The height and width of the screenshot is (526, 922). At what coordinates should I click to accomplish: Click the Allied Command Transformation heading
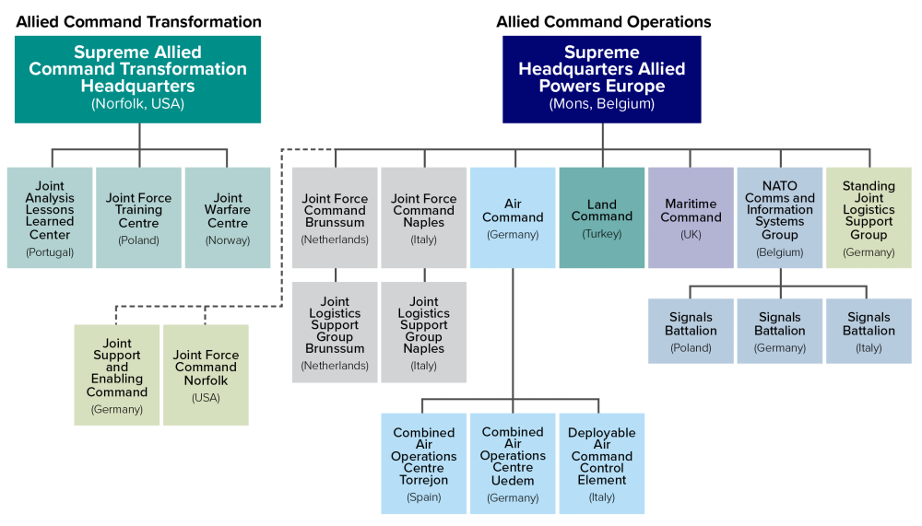[x=138, y=21]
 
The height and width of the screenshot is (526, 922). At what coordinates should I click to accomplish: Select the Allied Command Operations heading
[x=603, y=21]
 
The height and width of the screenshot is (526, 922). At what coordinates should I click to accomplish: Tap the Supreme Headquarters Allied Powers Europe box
[x=602, y=79]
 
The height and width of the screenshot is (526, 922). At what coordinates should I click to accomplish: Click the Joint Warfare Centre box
[x=228, y=217]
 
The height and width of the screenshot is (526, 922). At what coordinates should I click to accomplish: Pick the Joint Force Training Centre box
[x=138, y=217]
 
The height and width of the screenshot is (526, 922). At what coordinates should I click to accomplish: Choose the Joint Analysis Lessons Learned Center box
[x=50, y=217]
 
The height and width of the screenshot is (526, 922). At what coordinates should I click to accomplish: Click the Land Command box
[x=602, y=217]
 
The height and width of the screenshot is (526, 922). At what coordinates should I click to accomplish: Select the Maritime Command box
[x=691, y=217]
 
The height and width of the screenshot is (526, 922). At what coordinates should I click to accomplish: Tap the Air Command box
[x=513, y=217]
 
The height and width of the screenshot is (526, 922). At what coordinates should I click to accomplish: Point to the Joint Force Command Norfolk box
[x=206, y=374]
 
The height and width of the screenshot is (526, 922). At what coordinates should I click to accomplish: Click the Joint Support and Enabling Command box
[x=117, y=374]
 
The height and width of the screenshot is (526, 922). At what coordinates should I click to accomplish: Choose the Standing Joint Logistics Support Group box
[x=869, y=217]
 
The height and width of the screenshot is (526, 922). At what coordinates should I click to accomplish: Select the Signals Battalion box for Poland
[x=691, y=331]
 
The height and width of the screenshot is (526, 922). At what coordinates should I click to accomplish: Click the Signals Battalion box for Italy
[x=869, y=331]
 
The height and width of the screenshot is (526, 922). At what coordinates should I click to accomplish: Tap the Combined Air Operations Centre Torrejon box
[x=424, y=463]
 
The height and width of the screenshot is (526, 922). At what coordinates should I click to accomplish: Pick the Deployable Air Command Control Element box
[x=602, y=463]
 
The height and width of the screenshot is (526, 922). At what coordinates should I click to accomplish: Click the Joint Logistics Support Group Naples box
[x=424, y=332]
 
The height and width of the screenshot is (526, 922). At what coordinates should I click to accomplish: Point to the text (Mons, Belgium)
[x=602, y=104]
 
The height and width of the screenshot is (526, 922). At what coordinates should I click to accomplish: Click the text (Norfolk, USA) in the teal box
[x=138, y=104]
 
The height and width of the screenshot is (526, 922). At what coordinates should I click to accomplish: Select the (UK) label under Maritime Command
[x=691, y=235]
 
